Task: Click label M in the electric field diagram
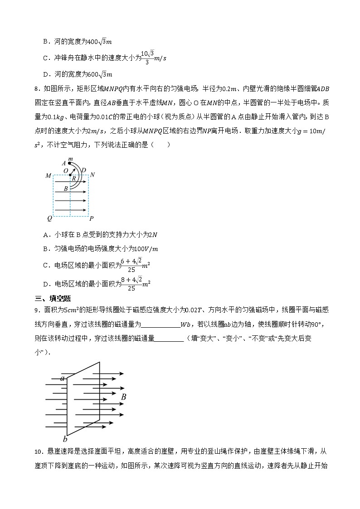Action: pos(48,175)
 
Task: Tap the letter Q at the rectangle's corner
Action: pos(49,218)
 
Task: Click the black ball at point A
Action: pos(69,163)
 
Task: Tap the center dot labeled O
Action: pos(66,171)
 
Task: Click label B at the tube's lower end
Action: pos(66,188)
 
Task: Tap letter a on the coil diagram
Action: pos(63,378)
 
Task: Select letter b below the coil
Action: pos(65,438)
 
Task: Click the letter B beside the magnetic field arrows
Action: pos(123,397)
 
